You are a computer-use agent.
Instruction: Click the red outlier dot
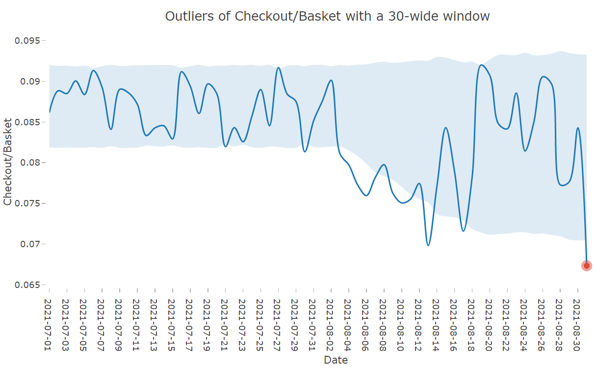click(586, 266)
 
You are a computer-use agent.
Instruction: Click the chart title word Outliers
click(190, 16)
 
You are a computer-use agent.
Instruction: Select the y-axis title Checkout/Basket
click(7, 162)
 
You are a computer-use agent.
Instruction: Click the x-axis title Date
click(336, 360)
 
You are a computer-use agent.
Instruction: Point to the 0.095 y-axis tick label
click(27, 41)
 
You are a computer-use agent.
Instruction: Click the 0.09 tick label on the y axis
click(30, 81)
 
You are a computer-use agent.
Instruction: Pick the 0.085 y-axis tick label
click(27, 122)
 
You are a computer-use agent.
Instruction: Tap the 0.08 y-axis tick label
click(30, 163)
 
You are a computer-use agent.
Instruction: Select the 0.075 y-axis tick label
click(27, 203)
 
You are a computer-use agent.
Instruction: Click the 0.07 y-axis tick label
click(30, 244)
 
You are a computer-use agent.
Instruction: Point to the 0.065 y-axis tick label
click(27, 285)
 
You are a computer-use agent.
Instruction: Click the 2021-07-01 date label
click(48, 325)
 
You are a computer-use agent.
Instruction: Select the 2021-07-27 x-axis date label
click(277, 325)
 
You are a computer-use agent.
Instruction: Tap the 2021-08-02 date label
click(330, 325)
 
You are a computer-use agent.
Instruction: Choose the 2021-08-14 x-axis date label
click(436, 325)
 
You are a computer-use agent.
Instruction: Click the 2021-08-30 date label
click(576, 325)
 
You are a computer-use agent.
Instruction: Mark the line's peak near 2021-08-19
click(482, 65)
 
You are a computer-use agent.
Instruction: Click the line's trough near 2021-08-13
click(428, 245)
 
